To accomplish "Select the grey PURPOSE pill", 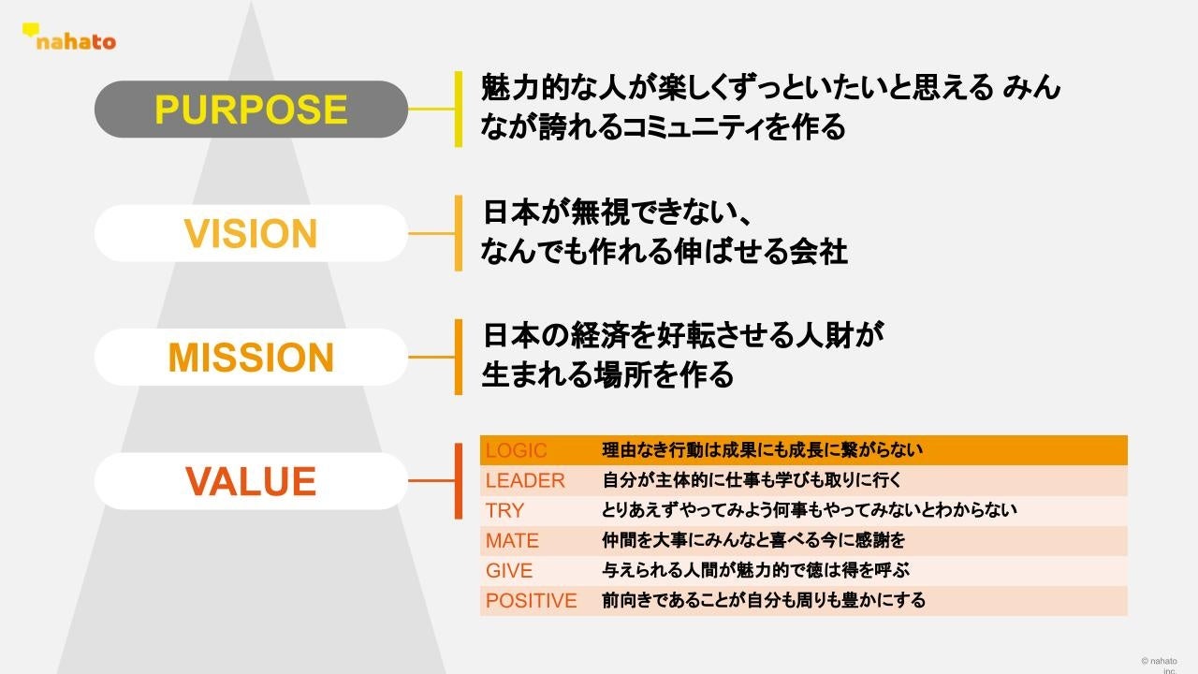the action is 251,110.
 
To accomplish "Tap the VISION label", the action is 251,233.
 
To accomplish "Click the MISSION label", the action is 251,358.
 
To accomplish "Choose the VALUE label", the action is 251,481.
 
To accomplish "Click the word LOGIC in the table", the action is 516,450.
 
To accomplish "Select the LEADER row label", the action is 525,480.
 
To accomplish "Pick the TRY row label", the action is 504,510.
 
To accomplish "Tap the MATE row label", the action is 512,540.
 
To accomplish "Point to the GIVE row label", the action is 509,570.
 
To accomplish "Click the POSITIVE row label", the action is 531,600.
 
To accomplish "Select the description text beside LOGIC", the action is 762,450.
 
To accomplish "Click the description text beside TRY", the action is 809,510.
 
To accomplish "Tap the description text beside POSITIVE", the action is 764,600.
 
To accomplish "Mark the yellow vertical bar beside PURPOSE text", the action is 459,109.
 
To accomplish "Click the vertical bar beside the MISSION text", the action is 459,357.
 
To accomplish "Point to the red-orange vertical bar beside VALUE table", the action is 459,480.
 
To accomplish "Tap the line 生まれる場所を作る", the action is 607,374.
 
